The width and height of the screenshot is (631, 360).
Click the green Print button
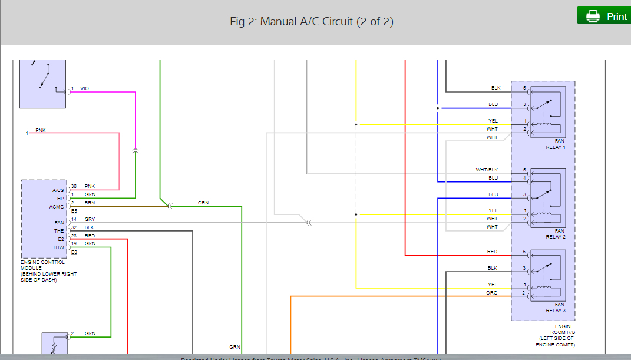point(603,16)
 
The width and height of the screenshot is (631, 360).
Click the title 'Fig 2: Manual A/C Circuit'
point(311,22)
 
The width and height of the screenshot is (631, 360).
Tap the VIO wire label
point(85,88)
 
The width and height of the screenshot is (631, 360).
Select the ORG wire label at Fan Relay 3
point(491,293)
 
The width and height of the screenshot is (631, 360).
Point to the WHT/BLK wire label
point(487,170)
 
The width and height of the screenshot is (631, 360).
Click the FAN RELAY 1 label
point(555,144)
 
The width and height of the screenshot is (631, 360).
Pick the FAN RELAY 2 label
point(555,234)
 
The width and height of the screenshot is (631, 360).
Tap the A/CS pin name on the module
point(58,190)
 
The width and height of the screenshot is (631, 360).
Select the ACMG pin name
point(57,207)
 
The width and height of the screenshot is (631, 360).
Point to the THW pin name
point(58,247)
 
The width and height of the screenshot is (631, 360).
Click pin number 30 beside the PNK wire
point(74,186)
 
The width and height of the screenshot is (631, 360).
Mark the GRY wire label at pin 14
point(90,219)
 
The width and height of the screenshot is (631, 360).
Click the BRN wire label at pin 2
point(90,203)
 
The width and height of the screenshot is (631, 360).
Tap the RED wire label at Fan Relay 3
point(492,252)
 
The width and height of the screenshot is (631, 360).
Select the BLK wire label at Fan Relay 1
point(495,88)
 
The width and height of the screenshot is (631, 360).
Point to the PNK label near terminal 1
point(40,130)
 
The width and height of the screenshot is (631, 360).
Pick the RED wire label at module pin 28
point(90,236)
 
